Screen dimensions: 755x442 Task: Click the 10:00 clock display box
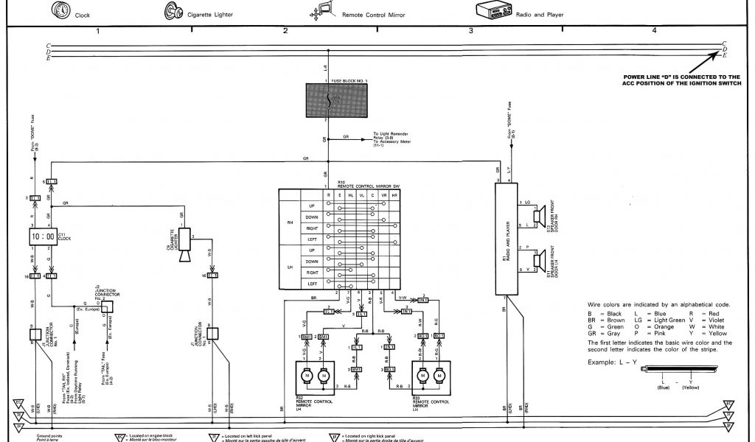41,237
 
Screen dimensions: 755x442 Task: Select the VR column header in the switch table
383,195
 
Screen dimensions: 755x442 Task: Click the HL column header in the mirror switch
350,195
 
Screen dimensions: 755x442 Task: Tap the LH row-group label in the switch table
290,267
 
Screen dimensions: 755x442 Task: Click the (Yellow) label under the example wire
691,387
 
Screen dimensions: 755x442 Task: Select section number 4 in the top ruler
653,30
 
